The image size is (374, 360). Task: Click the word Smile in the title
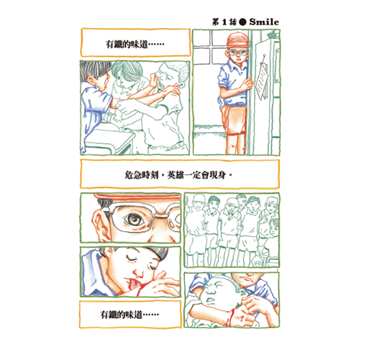pyautogui.click(x=264, y=22)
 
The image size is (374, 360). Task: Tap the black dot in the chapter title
pyautogui.click(x=243, y=22)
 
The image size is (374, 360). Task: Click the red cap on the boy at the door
pyautogui.click(x=237, y=40)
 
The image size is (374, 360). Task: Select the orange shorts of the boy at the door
pyautogui.click(x=234, y=119)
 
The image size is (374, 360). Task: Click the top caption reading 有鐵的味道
pyautogui.click(x=135, y=44)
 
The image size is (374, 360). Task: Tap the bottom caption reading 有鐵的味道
pyautogui.click(x=129, y=315)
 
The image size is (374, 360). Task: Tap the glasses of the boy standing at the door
pyautogui.click(x=237, y=52)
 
